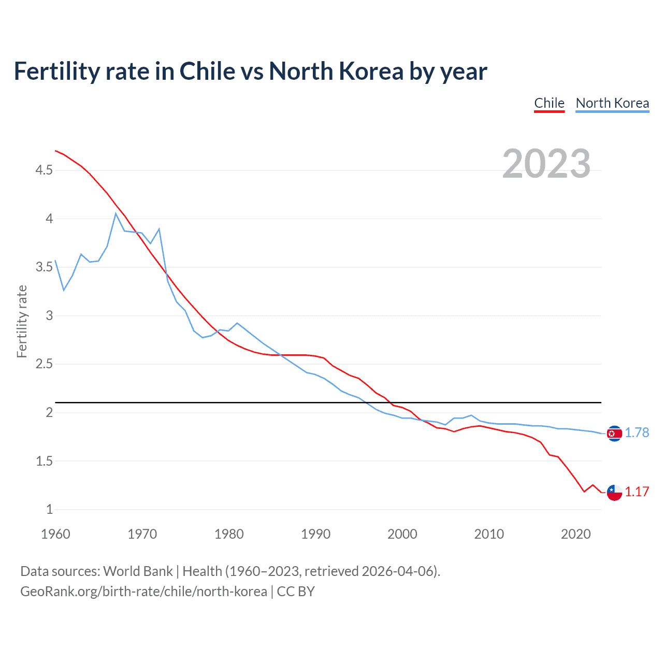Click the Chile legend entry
point(549,103)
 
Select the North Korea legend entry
point(612,103)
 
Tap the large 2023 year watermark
point(546,164)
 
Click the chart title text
point(250,71)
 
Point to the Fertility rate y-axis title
point(22,321)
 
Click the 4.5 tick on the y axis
point(44,170)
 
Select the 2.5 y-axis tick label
point(44,364)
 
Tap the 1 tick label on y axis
point(50,510)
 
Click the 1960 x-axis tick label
point(55,534)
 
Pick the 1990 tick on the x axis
point(315,534)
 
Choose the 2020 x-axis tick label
point(575,534)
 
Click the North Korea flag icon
point(614,433)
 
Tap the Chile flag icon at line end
point(614,492)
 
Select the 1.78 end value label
point(637,433)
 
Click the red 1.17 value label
point(637,492)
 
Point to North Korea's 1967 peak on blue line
point(116,213)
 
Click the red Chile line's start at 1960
point(56,151)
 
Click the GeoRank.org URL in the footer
point(143,592)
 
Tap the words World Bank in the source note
point(138,571)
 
